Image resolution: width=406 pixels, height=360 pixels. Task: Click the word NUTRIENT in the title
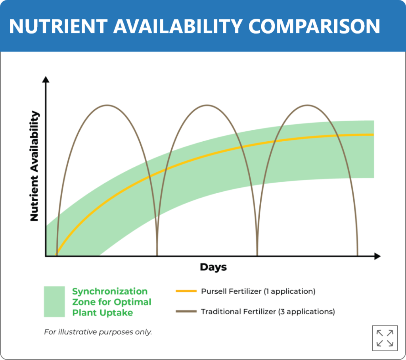58,26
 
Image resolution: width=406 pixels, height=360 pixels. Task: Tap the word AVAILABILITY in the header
178,26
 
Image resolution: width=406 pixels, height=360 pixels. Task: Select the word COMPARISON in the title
314,26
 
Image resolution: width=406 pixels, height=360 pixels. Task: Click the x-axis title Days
213,267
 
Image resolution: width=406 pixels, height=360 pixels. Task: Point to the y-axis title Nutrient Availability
34,166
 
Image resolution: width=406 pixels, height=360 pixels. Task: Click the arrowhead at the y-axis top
46,79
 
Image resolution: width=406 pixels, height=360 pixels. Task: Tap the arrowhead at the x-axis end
377,256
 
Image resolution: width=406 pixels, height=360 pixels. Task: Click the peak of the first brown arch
107,105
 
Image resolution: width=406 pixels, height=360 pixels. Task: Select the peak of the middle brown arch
207,105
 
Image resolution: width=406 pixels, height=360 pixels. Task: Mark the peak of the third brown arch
307,105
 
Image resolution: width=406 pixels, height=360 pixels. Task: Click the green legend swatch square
54,301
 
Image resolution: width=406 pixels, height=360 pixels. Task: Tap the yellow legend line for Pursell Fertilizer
186,291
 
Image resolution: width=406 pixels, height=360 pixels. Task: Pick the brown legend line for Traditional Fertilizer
186,311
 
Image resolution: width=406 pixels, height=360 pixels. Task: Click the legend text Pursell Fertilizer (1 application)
258,291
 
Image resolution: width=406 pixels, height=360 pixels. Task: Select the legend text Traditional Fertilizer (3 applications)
268,312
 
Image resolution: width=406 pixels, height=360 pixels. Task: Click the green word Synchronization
110,291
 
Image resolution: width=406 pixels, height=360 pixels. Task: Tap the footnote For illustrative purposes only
98,332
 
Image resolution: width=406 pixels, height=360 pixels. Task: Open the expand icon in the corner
385,338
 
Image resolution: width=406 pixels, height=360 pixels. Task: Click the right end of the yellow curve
373,135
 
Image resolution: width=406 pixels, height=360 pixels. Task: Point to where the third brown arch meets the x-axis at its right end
358,256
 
